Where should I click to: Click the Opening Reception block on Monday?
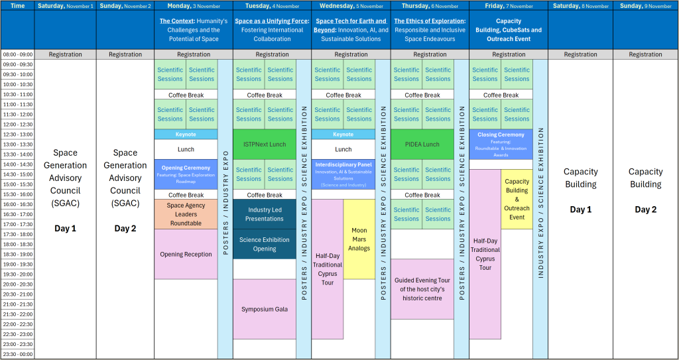(186, 254)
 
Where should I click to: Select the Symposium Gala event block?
(265, 309)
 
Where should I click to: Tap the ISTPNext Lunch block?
(265, 144)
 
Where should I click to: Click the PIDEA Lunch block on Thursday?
(422, 144)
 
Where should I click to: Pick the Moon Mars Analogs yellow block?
(359, 239)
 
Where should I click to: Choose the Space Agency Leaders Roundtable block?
(186, 214)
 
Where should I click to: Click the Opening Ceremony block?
(186, 174)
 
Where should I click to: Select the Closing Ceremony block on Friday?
(501, 144)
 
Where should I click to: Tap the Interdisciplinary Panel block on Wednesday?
(343, 174)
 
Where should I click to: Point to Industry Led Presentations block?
(265, 214)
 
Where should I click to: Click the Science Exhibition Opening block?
(265, 244)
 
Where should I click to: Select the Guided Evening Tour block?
(422, 288)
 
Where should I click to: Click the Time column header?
(17, 5)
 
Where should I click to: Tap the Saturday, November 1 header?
(65, 5)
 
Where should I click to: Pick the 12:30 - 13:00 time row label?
(17, 134)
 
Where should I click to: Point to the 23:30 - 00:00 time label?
(17, 354)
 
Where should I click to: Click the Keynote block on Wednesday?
(343, 134)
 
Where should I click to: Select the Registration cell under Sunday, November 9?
(645, 54)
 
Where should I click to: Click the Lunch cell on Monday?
(186, 149)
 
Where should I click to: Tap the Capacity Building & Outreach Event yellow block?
(517, 199)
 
